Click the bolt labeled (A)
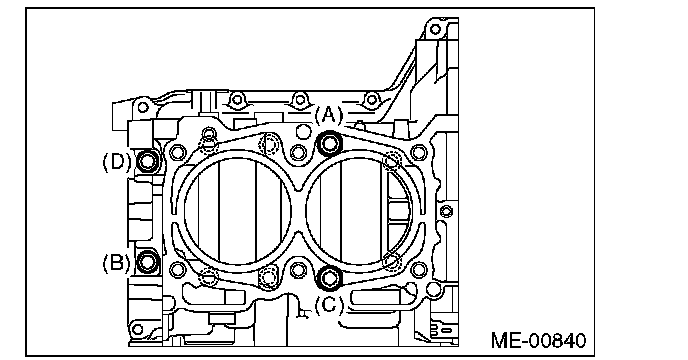[330, 143]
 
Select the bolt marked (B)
[148, 262]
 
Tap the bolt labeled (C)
[330, 277]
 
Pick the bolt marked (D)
[147, 162]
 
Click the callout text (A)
[329, 116]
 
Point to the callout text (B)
[116, 263]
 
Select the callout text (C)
[329, 305]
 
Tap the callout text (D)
[117, 162]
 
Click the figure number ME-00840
[538, 340]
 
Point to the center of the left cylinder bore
[237, 210]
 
